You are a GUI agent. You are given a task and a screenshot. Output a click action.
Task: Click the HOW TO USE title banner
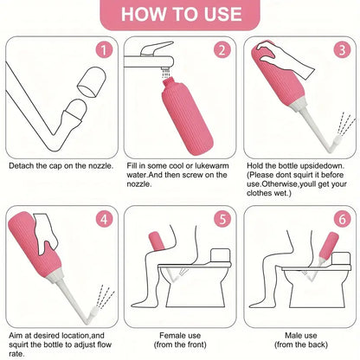[180, 15]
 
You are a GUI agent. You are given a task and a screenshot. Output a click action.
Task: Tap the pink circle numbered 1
[104, 50]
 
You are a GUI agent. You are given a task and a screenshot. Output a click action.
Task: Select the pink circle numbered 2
[222, 50]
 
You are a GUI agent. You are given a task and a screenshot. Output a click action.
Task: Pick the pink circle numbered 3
[342, 50]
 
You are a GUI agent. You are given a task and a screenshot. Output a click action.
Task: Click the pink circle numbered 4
[104, 219]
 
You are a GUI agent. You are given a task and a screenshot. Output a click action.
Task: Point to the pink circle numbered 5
[222, 219]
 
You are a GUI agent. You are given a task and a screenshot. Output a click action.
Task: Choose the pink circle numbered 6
[342, 219]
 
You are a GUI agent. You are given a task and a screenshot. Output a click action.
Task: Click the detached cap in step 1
[92, 81]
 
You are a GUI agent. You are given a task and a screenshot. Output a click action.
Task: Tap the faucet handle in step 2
[156, 48]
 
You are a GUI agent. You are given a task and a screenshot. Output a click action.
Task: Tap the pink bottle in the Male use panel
[329, 246]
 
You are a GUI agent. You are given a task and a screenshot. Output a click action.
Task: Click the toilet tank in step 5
[221, 256]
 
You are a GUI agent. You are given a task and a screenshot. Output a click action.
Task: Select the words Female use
[180, 336]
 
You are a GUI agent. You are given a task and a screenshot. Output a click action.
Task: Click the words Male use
[301, 336]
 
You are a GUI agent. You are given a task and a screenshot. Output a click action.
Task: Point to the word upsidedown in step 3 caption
[322, 166]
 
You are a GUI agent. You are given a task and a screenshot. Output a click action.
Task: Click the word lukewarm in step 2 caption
[212, 166]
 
